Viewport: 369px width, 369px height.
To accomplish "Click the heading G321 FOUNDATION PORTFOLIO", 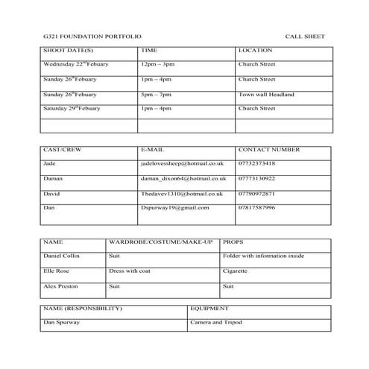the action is [91, 37].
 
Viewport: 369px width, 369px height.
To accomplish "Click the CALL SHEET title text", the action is [305, 37].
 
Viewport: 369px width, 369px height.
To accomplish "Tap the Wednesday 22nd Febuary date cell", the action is [76, 65].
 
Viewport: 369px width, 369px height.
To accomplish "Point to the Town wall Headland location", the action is [266, 95].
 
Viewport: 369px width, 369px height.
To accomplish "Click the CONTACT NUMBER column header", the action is [270, 150].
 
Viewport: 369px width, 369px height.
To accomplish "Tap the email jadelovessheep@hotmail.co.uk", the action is [182, 163].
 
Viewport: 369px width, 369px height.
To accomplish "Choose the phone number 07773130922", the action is [257, 179].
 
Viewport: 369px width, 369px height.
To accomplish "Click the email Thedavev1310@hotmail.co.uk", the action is [182, 194].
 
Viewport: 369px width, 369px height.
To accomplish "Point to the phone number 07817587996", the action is [257, 208].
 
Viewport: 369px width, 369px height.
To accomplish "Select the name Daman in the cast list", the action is [53, 179].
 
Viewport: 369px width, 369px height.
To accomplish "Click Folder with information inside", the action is [264, 256].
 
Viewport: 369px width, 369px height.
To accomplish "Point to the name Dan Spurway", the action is [62, 322].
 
